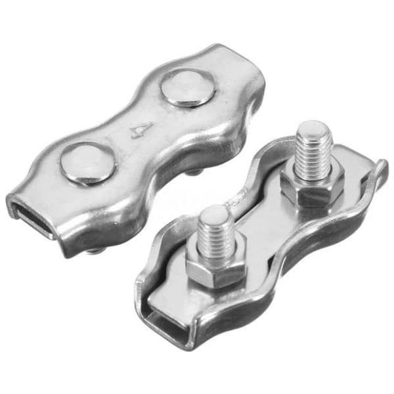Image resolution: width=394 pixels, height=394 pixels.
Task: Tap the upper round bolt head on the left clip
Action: (x=187, y=88)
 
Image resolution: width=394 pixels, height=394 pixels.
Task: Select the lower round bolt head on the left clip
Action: (x=88, y=164)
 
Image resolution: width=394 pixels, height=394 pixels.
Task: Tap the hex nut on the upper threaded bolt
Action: (x=312, y=187)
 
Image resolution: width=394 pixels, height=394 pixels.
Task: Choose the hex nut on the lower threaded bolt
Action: (x=215, y=269)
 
